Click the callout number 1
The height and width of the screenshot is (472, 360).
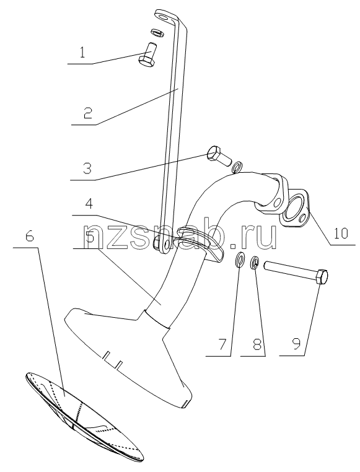pyautogui.click(x=82, y=53)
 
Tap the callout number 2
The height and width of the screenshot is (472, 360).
pyautogui.click(x=87, y=113)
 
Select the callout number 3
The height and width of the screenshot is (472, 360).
pyautogui.click(x=87, y=168)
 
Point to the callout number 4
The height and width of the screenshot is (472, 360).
pyautogui.click(x=89, y=204)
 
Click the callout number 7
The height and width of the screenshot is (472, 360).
pyautogui.click(x=222, y=344)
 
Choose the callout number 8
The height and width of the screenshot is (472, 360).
pyautogui.click(x=257, y=344)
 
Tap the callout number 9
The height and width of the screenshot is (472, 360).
pyautogui.click(x=296, y=344)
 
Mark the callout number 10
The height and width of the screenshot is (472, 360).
pyautogui.click(x=341, y=234)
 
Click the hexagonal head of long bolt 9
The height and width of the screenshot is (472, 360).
pyautogui.click(x=322, y=277)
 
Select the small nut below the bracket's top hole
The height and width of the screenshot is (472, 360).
pyautogui.click(x=157, y=32)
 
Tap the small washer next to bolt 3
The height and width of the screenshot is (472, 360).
pyautogui.click(x=237, y=167)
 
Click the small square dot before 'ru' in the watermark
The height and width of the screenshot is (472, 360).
pyautogui.click(x=234, y=246)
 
